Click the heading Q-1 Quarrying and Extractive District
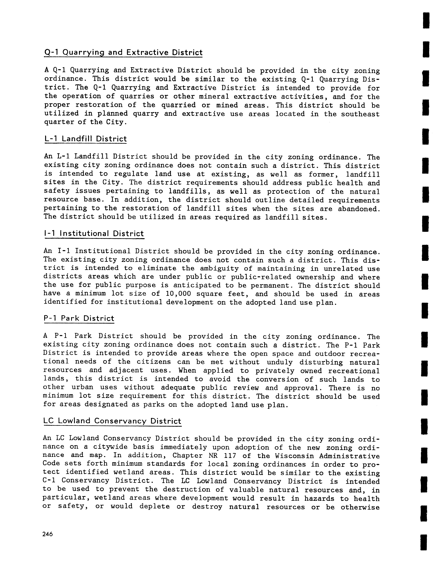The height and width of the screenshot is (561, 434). click(123, 53)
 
